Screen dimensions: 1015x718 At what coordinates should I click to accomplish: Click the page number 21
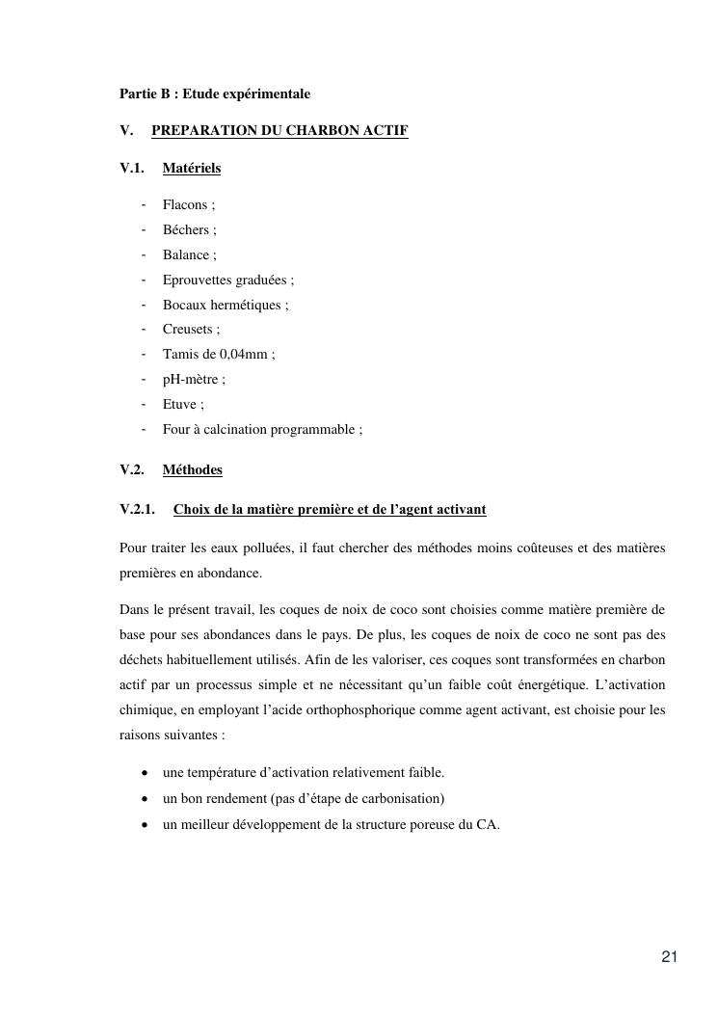(670, 957)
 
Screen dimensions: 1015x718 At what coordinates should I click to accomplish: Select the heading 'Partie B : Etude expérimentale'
(215, 94)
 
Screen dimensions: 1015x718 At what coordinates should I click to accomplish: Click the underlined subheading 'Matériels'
(192, 169)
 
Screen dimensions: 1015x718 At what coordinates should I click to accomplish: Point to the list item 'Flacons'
(185, 205)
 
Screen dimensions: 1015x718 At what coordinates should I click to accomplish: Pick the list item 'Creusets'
(188, 330)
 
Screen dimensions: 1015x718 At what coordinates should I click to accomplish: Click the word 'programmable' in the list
(317, 430)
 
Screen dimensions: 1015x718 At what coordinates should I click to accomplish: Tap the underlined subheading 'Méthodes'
(193, 470)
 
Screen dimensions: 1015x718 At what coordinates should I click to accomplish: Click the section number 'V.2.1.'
(138, 509)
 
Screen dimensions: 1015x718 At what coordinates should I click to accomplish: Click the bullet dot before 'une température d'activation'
(144, 773)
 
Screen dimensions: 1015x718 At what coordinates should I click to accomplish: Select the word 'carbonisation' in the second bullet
(404, 798)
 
